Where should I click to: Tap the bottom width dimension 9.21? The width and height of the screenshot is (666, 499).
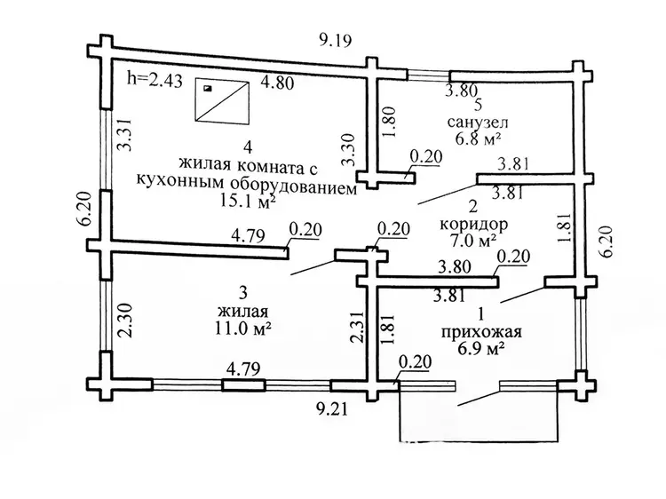336,411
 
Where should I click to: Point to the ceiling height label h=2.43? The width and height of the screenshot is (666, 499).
155,78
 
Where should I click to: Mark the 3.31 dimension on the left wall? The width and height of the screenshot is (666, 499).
124,138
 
